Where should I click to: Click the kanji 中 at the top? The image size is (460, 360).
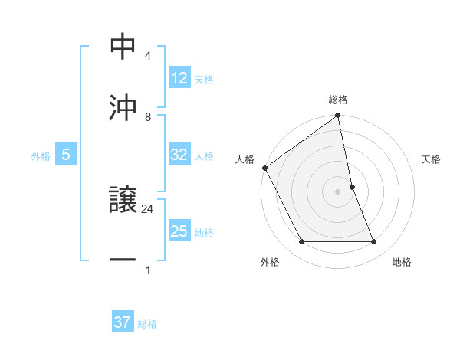coord(123,47)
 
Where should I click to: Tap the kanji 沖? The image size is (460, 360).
coord(123,107)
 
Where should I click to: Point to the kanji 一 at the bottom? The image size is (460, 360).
coord(123,260)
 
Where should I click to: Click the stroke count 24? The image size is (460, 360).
coord(148,208)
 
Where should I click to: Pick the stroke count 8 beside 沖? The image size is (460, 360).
coord(148,116)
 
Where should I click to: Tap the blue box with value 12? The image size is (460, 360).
coord(179,78)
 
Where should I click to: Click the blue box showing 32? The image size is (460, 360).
coord(179,155)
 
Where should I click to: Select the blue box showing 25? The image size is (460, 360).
coord(179,231)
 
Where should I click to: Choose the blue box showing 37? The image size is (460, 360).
coord(123,322)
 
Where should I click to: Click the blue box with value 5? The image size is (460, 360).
coord(66,155)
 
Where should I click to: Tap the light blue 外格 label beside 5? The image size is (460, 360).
coord(41,155)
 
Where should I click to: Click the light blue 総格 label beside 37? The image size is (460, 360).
coord(147,324)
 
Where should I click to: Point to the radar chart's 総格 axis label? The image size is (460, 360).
coord(338,100)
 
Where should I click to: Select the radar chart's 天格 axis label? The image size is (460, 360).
coord(431,159)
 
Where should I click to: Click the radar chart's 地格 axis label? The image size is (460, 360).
coord(402,262)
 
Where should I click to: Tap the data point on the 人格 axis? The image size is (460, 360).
coord(264,168)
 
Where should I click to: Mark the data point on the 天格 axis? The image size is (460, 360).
coord(352,187)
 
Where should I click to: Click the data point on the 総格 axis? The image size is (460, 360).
coord(338,116)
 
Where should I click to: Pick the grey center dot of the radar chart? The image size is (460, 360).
coord(338,191)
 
